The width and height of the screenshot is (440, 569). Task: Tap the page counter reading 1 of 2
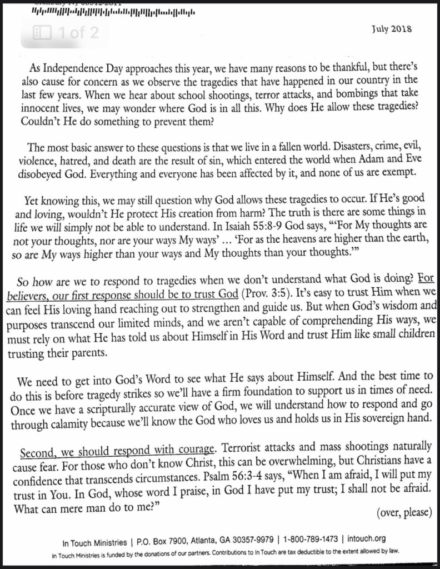click(66, 33)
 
